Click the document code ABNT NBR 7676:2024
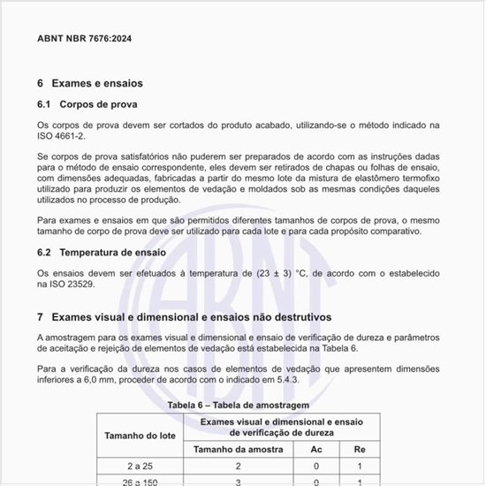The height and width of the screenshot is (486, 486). click(85, 39)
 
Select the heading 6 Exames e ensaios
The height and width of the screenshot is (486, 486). click(89, 83)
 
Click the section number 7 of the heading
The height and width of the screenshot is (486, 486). click(41, 315)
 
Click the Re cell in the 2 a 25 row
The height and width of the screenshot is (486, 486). click(360, 466)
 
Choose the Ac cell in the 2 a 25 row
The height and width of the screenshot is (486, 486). click(316, 466)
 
